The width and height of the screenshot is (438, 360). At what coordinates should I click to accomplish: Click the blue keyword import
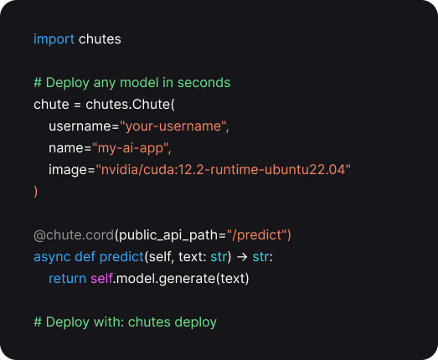coord(54,39)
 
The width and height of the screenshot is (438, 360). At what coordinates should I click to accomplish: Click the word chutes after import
coord(100,39)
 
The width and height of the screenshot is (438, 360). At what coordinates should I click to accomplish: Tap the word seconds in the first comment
coord(204,83)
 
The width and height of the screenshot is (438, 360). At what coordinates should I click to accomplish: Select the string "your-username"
coord(173,126)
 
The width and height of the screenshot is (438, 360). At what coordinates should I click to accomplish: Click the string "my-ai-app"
coord(131,148)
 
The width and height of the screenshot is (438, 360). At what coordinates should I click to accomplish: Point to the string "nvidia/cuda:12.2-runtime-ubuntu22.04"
coord(223,169)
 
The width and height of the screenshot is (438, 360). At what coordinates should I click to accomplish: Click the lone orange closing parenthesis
coord(35,192)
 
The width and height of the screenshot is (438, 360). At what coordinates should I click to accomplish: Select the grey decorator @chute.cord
coord(74,235)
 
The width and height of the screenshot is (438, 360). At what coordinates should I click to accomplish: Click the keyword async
coord(52,257)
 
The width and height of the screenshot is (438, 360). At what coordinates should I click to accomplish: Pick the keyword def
coord(85,257)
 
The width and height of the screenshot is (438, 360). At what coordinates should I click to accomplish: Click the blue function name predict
coord(121,257)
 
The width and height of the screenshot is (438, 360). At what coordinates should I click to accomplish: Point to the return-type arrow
coord(242,257)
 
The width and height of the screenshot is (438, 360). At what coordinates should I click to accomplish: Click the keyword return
coord(67,279)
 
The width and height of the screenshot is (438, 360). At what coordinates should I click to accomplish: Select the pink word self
coord(101,279)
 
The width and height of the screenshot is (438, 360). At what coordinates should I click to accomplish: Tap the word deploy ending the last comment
coord(195,322)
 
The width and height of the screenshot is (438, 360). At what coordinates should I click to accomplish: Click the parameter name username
coord(80,126)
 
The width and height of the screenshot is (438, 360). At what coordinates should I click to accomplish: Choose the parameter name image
coord(68,170)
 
